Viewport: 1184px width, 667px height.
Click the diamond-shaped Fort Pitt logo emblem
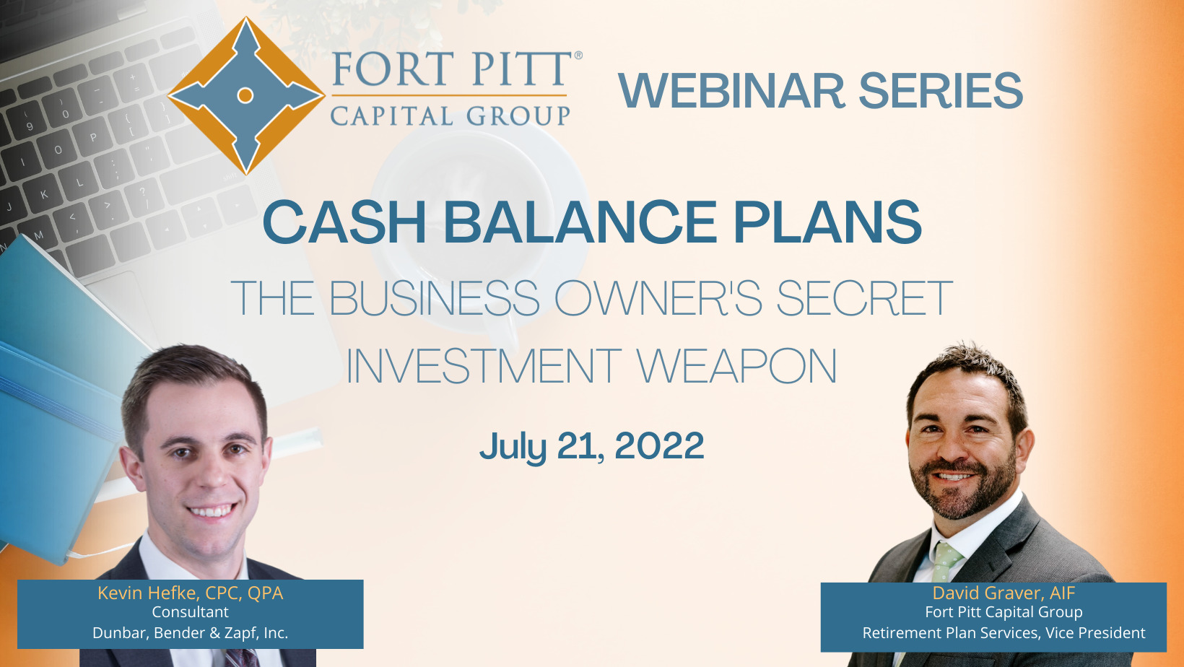245,96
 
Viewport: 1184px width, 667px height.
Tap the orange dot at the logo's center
245,95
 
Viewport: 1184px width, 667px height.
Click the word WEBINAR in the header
732,90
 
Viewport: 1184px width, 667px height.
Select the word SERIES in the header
941,90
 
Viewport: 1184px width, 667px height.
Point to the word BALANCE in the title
580,222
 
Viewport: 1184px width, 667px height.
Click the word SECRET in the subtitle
865,298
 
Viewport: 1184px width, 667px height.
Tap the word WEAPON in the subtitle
736,365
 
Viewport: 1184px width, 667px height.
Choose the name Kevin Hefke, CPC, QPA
191,593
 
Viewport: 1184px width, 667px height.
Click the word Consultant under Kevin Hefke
191,612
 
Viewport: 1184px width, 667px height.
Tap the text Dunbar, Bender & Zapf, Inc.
191,632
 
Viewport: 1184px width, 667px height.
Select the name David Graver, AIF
1004,593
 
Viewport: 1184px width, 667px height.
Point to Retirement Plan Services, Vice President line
1004,632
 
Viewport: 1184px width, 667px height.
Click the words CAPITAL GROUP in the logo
450,115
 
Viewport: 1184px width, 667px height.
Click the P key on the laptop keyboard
92,138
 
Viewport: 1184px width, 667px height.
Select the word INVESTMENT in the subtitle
484,365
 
